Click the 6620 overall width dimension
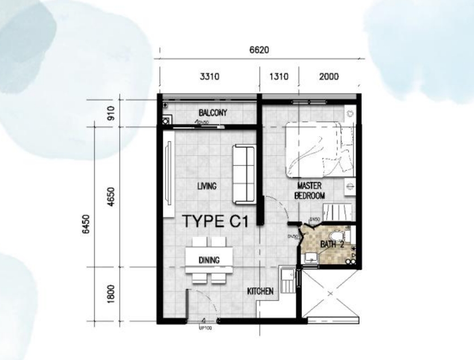259,50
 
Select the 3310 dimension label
209,77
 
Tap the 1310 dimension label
278,77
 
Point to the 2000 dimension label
329,77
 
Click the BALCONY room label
213,113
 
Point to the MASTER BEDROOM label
309,190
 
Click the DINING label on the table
209,260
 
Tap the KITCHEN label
260,291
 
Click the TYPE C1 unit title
215,222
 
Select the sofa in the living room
246,174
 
